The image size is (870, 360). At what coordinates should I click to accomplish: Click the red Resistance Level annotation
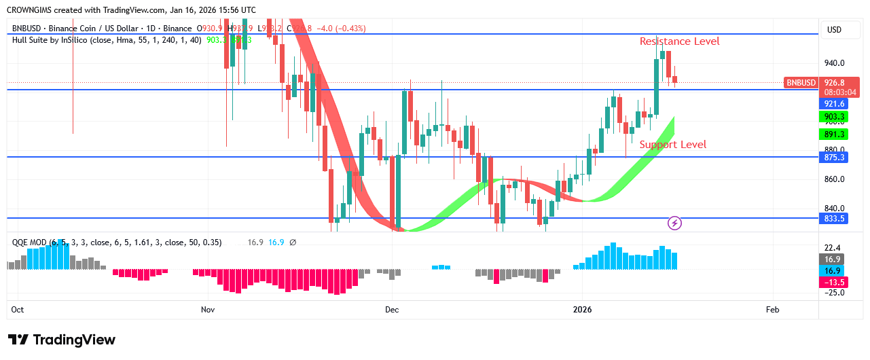pos(679,41)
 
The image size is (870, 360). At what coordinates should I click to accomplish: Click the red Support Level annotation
pos(672,145)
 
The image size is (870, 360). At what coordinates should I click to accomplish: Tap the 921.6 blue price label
pos(834,104)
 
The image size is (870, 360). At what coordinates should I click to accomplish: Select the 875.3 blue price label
pos(834,158)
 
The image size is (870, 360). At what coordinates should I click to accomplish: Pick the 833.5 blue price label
pos(834,219)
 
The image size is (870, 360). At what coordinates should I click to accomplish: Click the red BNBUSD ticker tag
pos(801,83)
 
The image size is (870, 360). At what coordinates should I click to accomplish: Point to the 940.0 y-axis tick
pos(834,63)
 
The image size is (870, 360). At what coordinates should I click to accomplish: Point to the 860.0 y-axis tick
pos(834,180)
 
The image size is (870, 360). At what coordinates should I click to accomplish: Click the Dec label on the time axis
pos(392,310)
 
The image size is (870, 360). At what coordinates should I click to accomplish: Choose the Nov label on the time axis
pos(208,310)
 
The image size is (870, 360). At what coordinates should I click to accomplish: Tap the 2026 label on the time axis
pos(582,310)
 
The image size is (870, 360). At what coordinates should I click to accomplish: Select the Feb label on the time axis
pos(772,310)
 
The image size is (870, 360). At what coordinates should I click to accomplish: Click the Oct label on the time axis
pos(18,310)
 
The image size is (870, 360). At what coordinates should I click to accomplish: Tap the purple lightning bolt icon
pos(674,223)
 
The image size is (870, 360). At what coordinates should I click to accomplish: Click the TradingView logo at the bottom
pos(62,340)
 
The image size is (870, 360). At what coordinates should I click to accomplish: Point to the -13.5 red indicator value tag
pos(834,283)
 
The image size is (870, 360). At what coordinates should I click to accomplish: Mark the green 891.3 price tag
pos(834,134)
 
